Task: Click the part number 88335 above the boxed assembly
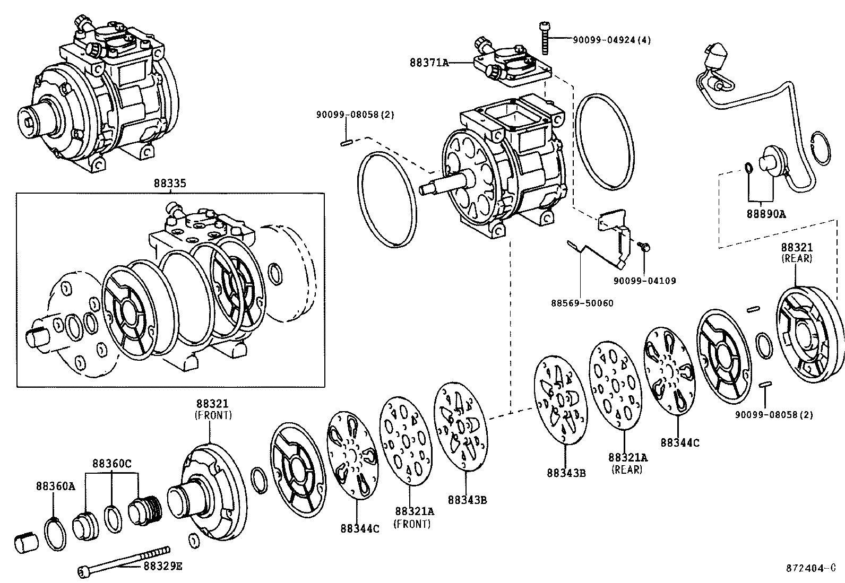[170, 184]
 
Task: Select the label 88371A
[429, 63]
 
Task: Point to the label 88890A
[766, 214]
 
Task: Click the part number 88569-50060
[582, 303]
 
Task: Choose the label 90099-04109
[644, 281]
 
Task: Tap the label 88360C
[111, 463]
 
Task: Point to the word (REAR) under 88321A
[627, 469]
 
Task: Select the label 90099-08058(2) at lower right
[773, 414]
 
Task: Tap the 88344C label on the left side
[360, 529]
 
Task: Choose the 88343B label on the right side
[566, 473]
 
